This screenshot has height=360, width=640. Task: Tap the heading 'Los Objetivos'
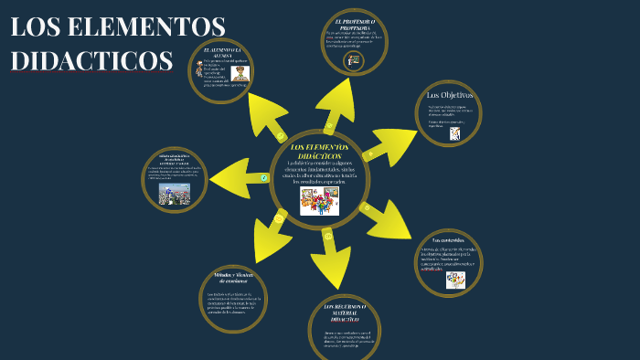(x=449, y=95)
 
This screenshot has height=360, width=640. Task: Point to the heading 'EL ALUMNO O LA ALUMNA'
(x=223, y=52)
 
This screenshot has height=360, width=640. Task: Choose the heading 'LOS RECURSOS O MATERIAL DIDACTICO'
(x=345, y=312)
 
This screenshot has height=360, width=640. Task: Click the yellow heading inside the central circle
(x=319, y=152)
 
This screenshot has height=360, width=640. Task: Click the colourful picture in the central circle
(x=319, y=201)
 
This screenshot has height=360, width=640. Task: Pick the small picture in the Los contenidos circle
(x=455, y=280)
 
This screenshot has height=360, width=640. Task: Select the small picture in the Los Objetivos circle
(x=454, y=133)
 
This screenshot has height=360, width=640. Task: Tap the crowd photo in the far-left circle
(x=174, y=194)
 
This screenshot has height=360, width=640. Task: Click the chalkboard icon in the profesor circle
(x=354, y=60)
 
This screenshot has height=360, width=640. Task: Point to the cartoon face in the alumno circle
(x=240, y=73)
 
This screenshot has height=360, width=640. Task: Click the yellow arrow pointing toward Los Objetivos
(x=389, y=144)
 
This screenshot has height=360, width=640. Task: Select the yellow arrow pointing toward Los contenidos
(x=384, y=219)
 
